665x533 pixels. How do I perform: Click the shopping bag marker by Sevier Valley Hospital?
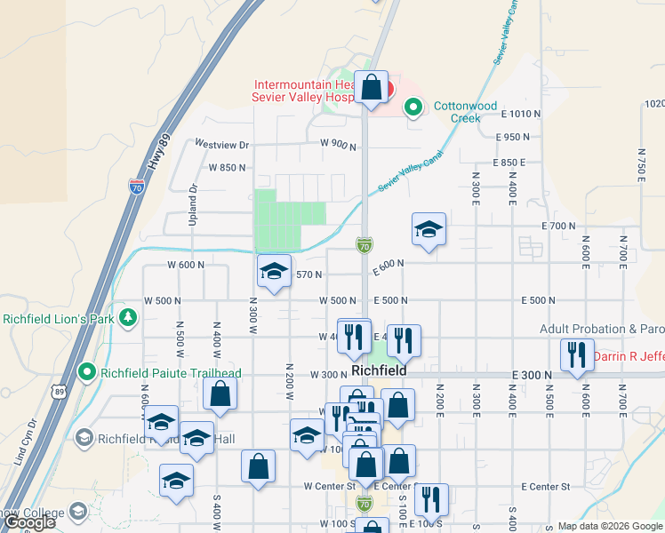pos(372,89)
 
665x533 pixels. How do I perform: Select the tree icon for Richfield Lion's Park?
pos(129,317)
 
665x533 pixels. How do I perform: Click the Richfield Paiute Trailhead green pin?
pos(86,371)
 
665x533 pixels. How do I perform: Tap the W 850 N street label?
pos(227,167)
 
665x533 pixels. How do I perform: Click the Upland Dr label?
pos(193,204)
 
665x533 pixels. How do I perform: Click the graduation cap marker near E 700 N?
pos(429,230)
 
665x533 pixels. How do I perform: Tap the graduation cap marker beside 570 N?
pos(274,271)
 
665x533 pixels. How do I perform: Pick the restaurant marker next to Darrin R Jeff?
pos(577,355)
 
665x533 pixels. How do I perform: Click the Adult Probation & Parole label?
pos(602,329)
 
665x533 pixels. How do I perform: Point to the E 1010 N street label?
pos(521,114)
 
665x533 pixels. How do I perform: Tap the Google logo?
pos(30,522)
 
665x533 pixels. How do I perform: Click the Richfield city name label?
pos(379,370)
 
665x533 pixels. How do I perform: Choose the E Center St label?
pos(545,487)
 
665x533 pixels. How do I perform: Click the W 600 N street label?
pos(186,265)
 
